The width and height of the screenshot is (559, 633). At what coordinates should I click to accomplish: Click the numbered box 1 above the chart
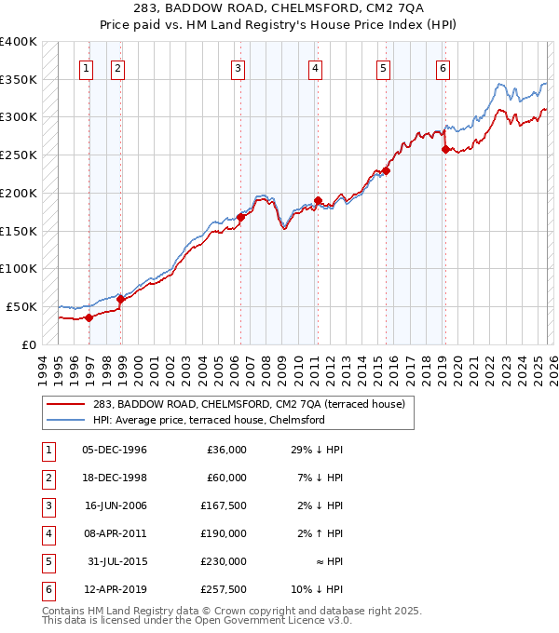pyautogui.click(x=87, y=67)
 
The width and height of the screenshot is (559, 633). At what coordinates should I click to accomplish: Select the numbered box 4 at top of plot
pyautogui.click(x=316, y=67)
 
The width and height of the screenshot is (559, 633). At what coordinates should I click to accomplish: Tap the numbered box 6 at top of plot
pyautogui.click(x=443, y=67)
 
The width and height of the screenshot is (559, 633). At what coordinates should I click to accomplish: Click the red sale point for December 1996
pyautogui.click(x=89, y=317)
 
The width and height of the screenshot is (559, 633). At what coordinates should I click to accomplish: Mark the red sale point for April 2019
pyautogui.click(x=445, y=149)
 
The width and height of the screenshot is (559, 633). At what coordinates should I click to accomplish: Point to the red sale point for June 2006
pyautogui.click(x=240, y=217)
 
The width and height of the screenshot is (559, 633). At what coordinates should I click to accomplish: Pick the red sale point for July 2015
pyautogui.click(x=386, y=170)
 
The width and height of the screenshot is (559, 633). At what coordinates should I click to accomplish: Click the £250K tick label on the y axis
pyautogui.click(x=19, y=155)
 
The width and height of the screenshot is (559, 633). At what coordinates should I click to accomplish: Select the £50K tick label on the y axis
pyautogui.click(x=22, y=306)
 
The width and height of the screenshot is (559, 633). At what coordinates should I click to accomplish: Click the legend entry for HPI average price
pyautogui.click(x=208, y=420)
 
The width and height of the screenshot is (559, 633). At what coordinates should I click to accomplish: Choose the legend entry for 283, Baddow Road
pyautogui.click(x=248, y=405)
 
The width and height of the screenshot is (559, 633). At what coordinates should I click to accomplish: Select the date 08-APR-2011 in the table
pyautogui.click(x=114, y=533)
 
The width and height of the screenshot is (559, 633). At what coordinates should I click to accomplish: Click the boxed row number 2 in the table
pyautogui.click(x=47, y=478)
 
